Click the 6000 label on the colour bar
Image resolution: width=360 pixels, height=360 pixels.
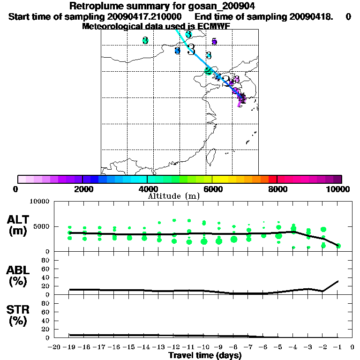pyautogui.click(x=212, y=189)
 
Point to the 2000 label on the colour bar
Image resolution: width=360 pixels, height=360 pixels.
pyautogui.click(x=82, y=189)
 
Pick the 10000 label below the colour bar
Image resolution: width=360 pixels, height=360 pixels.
pyautogui.click(x=339, y=189)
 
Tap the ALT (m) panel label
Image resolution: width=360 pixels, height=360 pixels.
pyautogui.click(x=19, y=225)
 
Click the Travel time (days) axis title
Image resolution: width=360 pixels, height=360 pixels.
pyautogui.click(x=205, y=356)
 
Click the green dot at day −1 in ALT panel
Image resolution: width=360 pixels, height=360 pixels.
pyautogui.click(x=338, y=246)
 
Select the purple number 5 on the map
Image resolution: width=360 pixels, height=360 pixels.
pyautogui.click(x=214, y=42)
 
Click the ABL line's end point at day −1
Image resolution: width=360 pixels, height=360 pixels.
pyautogui.click(x=338, y=281)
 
